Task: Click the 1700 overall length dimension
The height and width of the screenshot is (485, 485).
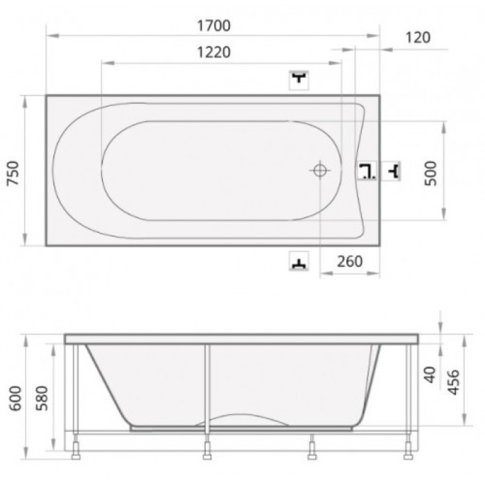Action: pos(213,26)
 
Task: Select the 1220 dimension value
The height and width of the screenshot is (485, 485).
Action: pos(213,53)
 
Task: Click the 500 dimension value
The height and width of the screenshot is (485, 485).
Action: pos(430,171)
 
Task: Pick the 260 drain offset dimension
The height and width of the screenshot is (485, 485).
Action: pos(351,261)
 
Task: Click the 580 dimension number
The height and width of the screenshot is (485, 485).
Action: pos(41,400)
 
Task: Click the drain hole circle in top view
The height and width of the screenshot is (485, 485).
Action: pos(319,170)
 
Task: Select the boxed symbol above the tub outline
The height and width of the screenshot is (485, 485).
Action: pos(299,80)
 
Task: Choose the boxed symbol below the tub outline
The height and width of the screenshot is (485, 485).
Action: pos(299,262)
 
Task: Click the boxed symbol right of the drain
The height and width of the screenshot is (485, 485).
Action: pos(367,170)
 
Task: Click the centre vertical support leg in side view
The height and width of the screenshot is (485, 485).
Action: pos(206,388)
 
